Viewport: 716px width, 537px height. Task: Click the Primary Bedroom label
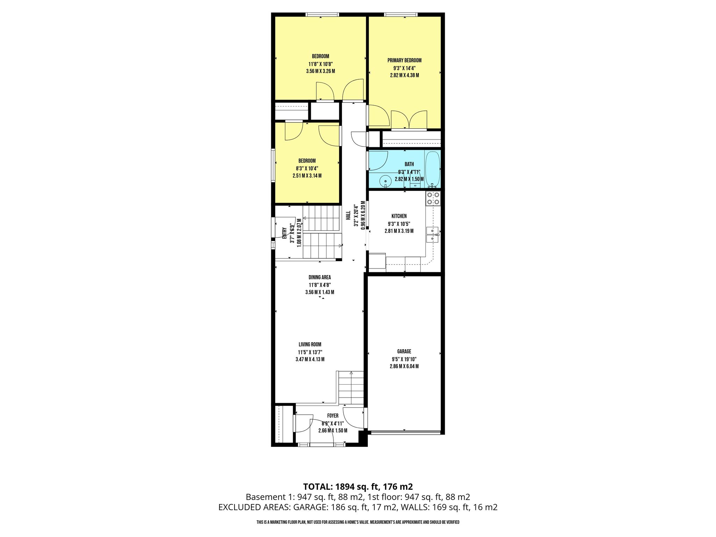(x=404, y=60)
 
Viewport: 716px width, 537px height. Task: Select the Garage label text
(x=404, y=351)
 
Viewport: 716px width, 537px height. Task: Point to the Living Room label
(x=310, y=344)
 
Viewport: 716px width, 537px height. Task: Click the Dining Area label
(x=320, y=277)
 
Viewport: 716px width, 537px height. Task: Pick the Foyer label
(x=333, y=416)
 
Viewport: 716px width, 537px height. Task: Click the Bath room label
(x=409, y=164)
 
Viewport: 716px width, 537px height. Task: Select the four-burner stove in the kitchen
(x=433, y=198)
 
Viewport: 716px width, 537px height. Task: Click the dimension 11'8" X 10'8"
(x=320, y=64)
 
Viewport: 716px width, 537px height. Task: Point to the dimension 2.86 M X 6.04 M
(x=404, y=366)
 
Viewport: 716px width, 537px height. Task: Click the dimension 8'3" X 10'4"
(x=307, y=169)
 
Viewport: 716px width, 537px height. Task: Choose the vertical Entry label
(x=284, y=233)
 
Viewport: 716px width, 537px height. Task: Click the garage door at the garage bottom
(x=405, y=432)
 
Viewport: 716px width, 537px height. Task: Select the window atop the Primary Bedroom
(x=401, y=15)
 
